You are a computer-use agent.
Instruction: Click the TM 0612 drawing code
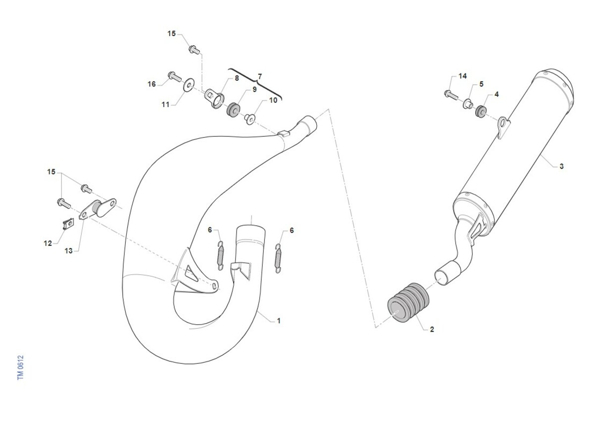coord(20,367)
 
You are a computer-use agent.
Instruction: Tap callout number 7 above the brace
coord(259,76)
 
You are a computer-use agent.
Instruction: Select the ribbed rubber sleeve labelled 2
coord(408,303)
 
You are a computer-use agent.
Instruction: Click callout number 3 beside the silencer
coord(561,166)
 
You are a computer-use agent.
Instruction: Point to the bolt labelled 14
coord(451,95)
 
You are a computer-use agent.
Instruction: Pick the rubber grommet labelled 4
coord(481,112)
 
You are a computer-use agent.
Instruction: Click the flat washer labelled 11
coord(189,85)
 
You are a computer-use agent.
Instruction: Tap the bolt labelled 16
coord(175,76)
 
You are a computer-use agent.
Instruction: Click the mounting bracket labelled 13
coord(98,209)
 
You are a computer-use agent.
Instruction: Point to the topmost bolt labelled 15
coord(195,50)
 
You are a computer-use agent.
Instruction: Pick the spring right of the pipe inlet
coord(278,258)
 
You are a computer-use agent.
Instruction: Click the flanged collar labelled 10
coord(249,119)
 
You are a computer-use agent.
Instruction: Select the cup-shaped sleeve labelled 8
coord(214,99)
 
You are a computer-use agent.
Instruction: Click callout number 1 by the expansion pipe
coord(279,321)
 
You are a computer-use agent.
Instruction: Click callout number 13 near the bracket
coord(68,251)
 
